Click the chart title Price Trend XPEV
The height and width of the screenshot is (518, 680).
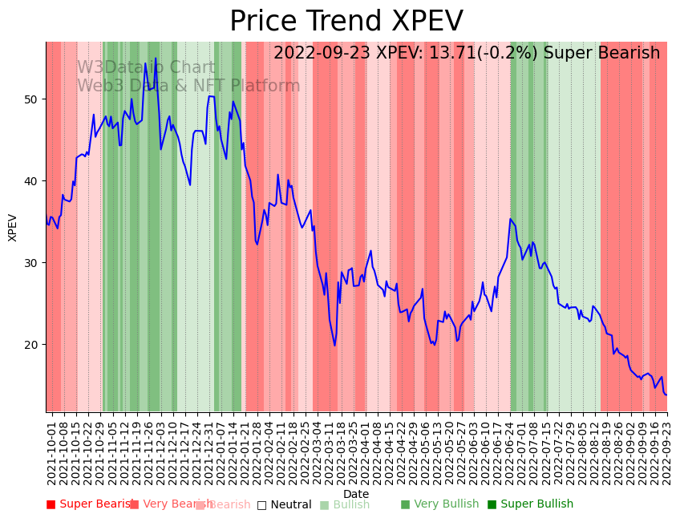coord(346,22)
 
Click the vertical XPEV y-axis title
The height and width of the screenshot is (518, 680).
coord(13,227)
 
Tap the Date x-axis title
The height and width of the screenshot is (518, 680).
coord(356,494)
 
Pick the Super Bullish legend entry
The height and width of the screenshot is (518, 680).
coord(530,504)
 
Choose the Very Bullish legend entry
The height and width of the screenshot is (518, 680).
coord(439,504)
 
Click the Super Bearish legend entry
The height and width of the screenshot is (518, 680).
coord(91,504)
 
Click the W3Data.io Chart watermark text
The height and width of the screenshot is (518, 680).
coord(146,68)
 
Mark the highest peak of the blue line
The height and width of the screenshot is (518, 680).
coord(156,59)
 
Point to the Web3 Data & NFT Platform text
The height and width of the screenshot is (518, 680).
coord(188,87)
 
